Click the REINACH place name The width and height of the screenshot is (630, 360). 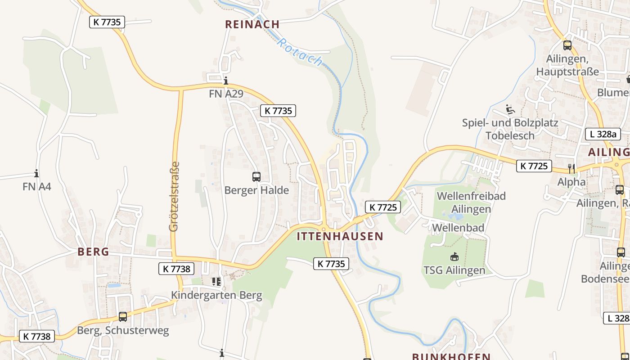[252, 24]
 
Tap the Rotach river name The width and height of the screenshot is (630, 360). [300, 52]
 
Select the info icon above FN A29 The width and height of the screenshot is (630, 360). [226, 81]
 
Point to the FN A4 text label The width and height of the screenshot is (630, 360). [37, 186]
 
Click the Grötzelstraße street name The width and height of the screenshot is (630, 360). [174, 197]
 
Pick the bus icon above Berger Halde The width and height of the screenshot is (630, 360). [256, 177]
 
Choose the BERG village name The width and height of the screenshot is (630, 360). [93, 252]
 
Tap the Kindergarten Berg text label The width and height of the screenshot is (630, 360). [216, 295]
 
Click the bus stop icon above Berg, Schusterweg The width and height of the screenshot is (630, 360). [122, 317]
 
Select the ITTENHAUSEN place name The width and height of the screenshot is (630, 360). [340, 236]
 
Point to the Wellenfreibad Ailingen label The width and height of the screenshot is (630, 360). [471, 202]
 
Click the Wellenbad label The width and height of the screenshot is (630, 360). [458, 228]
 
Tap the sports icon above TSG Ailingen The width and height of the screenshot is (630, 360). [454, 256]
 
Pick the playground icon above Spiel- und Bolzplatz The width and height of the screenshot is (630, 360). [510, 109]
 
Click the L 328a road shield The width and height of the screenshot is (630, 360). [603, 134]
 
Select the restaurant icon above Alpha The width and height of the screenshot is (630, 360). [571, 168]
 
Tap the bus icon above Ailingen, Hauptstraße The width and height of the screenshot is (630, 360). [567, 45]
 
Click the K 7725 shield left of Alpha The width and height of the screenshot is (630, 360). [534, 166]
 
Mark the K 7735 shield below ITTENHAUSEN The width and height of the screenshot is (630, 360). [331, 264]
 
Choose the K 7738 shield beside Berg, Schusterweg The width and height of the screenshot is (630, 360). [37, 336]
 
